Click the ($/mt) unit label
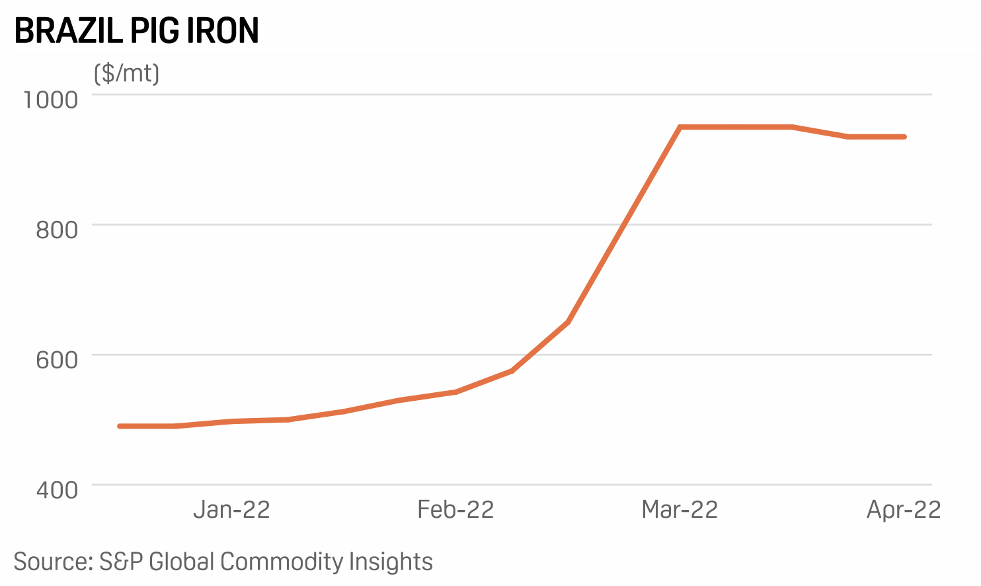(126, 73)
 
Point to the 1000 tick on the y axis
(51, 100)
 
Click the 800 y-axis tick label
(57, 230)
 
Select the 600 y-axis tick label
(57, 360)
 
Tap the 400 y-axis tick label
(57, 490)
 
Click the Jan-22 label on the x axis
(231, 510)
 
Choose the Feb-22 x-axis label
(455, 510)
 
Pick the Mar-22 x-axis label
(680, 510)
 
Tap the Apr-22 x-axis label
(904, 510)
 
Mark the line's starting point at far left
(120, 427)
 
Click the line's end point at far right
(904, 137)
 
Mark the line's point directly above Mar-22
(680, 127)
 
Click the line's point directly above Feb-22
(456, 392)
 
